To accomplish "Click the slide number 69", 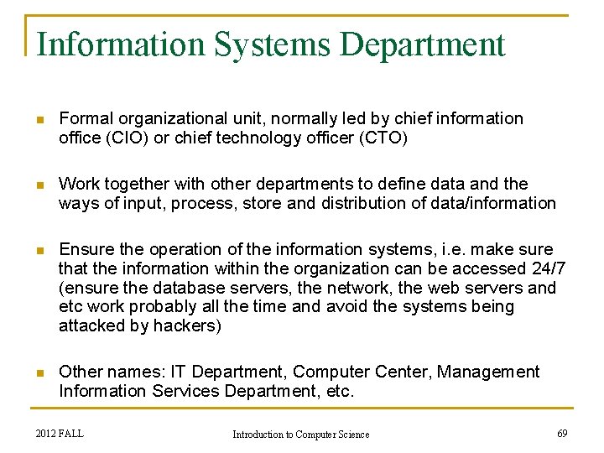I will coord(561,433).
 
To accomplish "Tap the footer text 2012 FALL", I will coord(60,433).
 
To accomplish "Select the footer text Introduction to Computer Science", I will coord(300,434).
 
